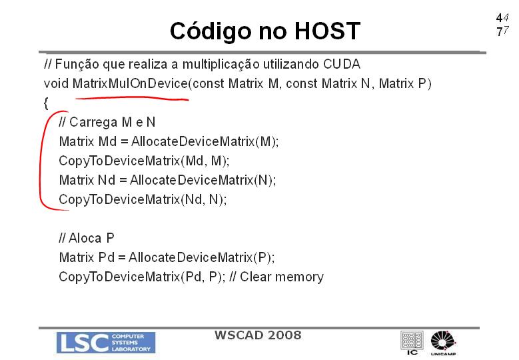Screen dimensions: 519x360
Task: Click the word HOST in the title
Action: point(327,31)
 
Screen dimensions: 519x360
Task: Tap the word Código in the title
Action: point(211,31)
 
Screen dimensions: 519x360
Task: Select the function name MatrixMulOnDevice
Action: point(130,83)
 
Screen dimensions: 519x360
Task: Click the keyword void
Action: point(56,83)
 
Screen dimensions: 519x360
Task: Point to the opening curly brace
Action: point(46,103)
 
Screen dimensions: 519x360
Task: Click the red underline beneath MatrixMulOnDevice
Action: point(132,98)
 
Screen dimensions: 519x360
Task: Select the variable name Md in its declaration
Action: point(107,141)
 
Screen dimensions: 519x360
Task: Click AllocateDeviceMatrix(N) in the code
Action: point(202,180)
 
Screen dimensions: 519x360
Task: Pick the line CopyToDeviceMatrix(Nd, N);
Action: point(143,200)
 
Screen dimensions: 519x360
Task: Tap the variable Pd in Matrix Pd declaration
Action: point(106,257)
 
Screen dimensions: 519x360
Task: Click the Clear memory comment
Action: point(282,277)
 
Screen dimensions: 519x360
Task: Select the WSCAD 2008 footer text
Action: point(258,335)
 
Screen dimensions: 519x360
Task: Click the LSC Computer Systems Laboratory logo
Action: point(106,343)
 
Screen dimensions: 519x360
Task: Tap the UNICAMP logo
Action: point(443,343)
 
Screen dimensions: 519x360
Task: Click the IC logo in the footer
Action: point(412,343)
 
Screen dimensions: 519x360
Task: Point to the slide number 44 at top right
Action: point(502,17)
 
